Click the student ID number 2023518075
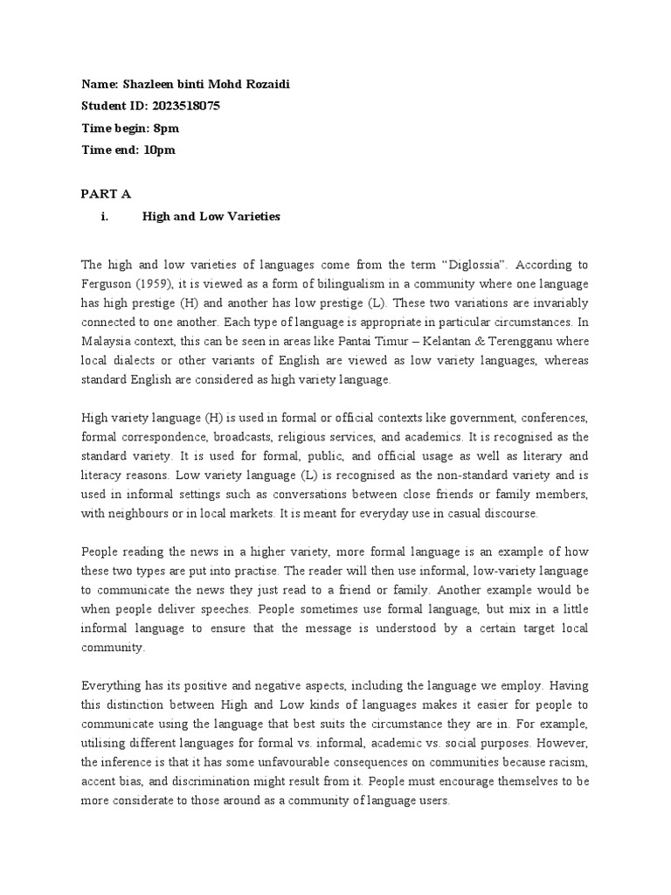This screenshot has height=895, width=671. tap(185, 106)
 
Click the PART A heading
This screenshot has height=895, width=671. tap(106, 194)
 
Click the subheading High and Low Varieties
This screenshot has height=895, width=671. tap(211, 216)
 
